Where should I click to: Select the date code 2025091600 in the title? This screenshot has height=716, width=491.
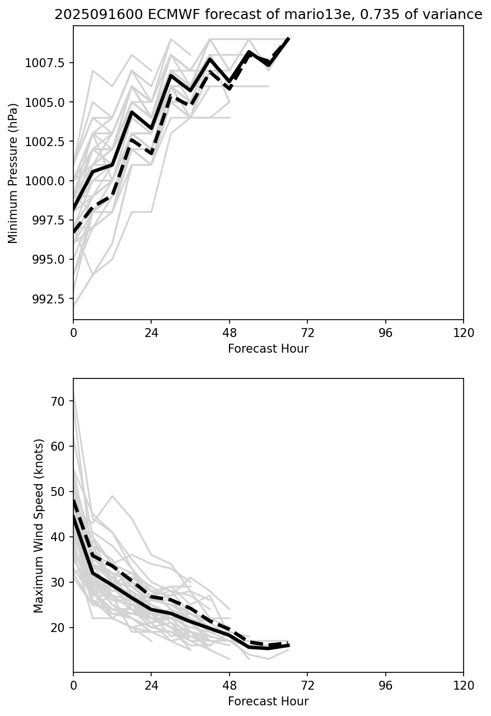point(95,15)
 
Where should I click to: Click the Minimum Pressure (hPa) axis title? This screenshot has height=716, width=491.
point(13,173)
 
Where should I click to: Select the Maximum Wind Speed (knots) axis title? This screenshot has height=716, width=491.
point(38,526)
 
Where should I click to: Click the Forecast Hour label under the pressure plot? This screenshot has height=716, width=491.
point(268,349)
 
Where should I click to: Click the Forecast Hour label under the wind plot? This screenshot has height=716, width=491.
point(268,701)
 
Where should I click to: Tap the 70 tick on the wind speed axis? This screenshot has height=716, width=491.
point(59,401)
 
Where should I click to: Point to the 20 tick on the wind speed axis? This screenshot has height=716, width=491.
point(59,628)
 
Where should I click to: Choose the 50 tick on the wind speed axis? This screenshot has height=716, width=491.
point(59,492)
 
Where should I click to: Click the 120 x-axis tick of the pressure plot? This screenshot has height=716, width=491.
point(463,333)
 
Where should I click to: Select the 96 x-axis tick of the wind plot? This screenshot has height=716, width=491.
point(385,686)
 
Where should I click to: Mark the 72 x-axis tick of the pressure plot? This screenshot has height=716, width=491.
point(307,333)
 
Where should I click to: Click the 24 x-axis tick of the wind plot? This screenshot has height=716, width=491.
point(151,686)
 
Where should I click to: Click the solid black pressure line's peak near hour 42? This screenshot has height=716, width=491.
point(209,59)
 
